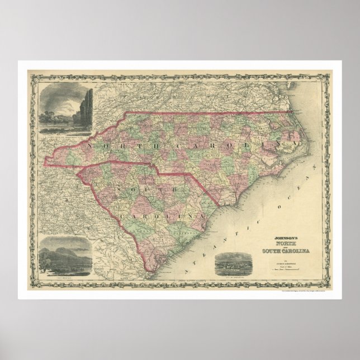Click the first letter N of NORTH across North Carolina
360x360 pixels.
pos(89,144)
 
